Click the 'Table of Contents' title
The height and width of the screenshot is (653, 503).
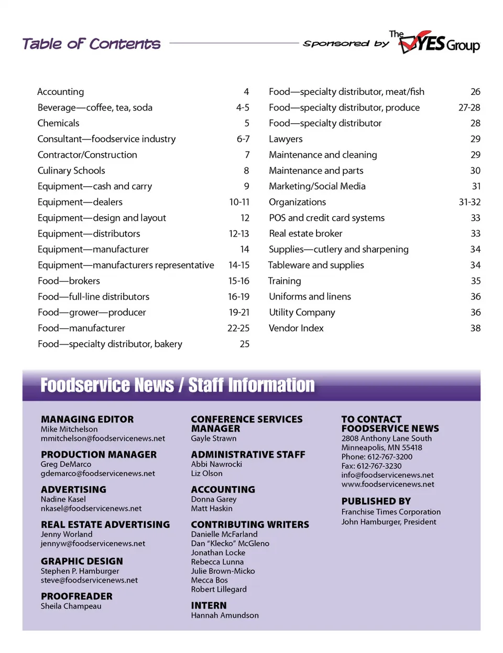point(91,44)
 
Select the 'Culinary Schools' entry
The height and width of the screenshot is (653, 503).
point(71,170)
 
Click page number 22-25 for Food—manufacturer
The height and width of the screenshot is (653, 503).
point(238,328)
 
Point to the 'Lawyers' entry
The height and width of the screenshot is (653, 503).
point(286,139)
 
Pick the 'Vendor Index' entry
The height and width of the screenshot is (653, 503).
point(296,328)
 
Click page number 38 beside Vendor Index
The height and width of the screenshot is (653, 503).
point(475,328)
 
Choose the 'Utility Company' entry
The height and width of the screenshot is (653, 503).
point(302,312)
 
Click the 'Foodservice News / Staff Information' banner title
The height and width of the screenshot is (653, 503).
point(178,385)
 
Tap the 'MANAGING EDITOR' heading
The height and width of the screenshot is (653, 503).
point(87,419)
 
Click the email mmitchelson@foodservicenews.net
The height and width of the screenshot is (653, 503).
point(103,438)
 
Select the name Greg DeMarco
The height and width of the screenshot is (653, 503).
point(66,464)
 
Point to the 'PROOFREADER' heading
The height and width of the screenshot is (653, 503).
point(76,596)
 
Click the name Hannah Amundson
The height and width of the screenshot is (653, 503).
point(225,615)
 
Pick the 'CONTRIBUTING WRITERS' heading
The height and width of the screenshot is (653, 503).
point(250,524)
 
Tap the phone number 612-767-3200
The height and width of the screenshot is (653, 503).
point(390,457)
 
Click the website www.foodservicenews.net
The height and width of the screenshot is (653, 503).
point(388,484)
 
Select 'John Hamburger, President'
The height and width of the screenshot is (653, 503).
point(389,522)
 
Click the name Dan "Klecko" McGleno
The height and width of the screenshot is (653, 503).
point(230,543)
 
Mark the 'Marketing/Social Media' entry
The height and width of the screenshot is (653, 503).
point(317,186)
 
